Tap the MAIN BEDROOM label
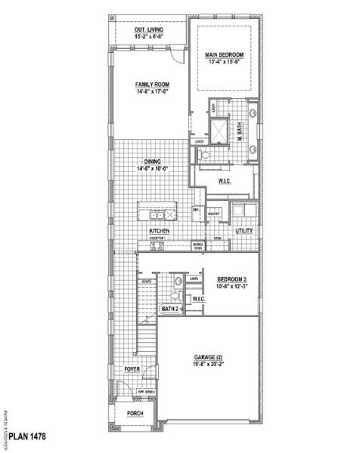click(222, 56)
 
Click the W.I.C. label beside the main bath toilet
click(225, 182)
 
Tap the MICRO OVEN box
click(197, 246)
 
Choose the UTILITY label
click(244, 230)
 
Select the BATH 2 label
click(169, 309)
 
